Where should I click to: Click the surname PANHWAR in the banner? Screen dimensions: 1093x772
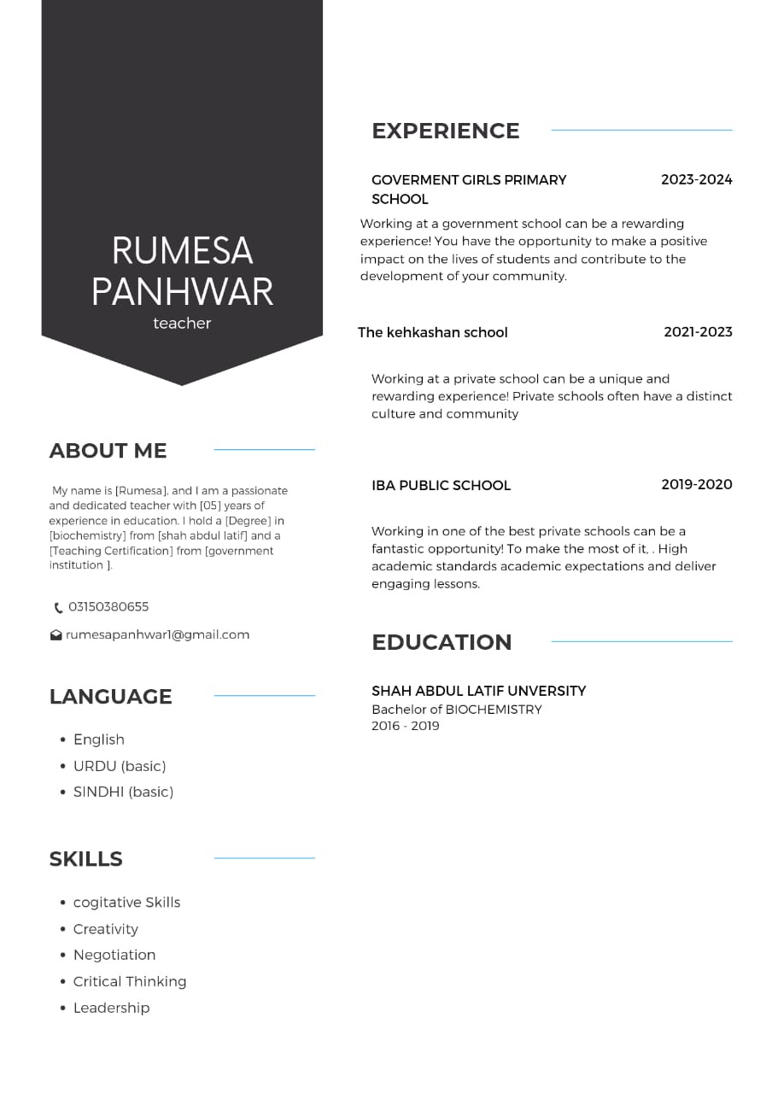(x=182, y=292)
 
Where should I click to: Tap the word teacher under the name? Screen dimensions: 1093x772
(x=182, y=324)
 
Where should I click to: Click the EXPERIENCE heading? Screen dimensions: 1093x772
(x=445, y=131)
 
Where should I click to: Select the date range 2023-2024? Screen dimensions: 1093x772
(x=696, y=180)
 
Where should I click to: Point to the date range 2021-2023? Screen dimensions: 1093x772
(x=698, y=332)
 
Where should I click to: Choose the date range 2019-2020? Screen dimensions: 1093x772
(x=696, y=485)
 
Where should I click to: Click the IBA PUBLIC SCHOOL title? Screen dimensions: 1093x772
(x=441, y=486)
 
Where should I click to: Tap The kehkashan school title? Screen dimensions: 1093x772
(x=432, y=333)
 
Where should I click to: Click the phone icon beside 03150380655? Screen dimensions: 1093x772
(x=58, y=608)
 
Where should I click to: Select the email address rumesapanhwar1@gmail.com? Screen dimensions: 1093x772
(x=158, y=635)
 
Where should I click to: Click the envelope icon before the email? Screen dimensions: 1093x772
(x=56, y=635)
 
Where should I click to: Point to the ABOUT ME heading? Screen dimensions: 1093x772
(x=108, y=451)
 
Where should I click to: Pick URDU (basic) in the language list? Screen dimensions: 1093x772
(x=120, y=766)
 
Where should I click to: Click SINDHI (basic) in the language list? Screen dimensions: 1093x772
(x=123, y=792)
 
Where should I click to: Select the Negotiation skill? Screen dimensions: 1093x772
(x=114, y=956)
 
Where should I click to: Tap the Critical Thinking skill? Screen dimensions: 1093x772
(x=130, y=982)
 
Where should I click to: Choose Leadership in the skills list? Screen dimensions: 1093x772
(x=111, y=1008)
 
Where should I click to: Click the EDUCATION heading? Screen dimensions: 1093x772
(x=442, y=642)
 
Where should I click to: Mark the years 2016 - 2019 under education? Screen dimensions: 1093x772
(x=405, y=727)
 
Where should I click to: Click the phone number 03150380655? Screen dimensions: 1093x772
(x=108, y=607)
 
